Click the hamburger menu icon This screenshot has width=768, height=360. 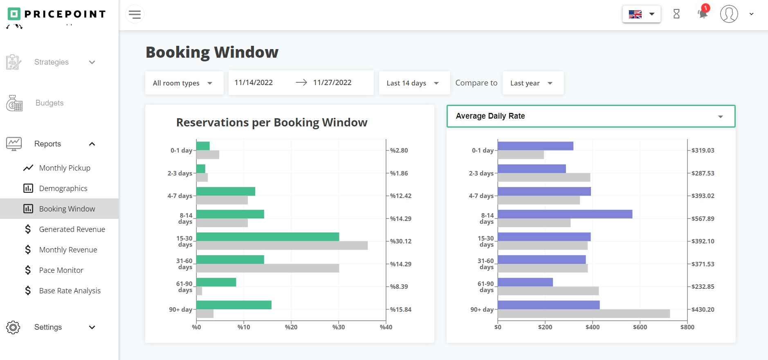[135, 14]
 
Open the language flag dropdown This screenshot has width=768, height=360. [641, 14]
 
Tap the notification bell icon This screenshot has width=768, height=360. [703, 13]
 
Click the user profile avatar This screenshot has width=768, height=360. [729, 14]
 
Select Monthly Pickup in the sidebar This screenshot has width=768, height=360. [65, 168]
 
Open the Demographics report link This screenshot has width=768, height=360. [63, 189]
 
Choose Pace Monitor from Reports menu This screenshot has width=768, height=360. [61, 270]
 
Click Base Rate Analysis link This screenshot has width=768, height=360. [70, 291]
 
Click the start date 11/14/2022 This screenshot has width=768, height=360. [254, 83]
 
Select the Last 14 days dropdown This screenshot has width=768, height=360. [413, 83]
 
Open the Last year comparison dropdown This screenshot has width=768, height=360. [532, 83]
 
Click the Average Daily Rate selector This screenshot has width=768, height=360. [591, 116]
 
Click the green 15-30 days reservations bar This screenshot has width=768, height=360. [267, 237]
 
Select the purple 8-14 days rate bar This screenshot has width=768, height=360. [564, 214]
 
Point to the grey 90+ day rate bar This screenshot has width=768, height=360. [583, 314]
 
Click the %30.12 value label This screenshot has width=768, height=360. [400, 241]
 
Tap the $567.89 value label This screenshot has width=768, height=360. [703, 219]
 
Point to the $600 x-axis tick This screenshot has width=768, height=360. [640, 327]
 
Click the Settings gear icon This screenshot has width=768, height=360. [13, 327]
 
